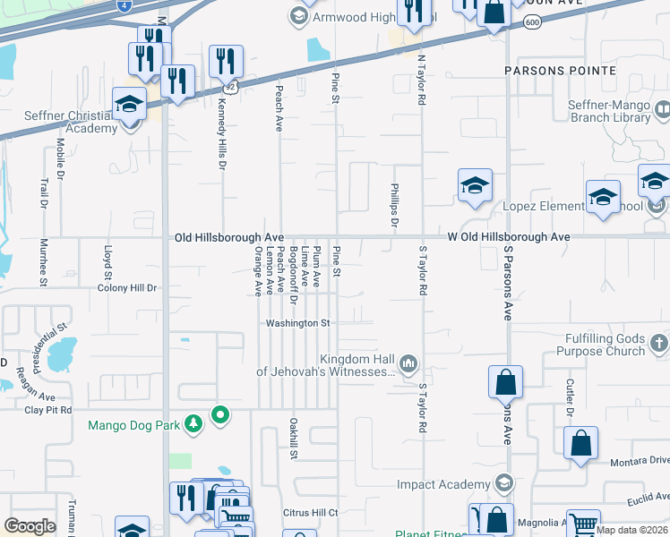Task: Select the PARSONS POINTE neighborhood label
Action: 560,70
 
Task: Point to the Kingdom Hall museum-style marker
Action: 408,363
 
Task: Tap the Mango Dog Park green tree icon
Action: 192,424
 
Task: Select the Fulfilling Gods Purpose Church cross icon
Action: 658,343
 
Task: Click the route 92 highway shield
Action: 230,87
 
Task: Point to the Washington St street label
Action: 298,323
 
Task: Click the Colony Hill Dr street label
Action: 127,288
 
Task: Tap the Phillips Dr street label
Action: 393,206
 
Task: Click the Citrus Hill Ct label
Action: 309,513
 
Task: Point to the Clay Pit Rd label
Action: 47,411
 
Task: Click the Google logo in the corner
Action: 30,526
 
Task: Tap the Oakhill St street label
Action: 293,438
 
